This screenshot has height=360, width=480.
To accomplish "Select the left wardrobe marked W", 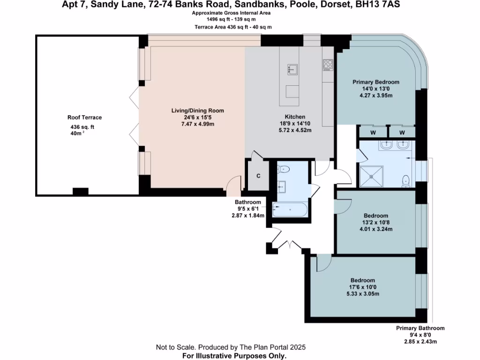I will click(373, 133).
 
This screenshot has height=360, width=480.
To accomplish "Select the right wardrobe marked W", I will click(402, 133).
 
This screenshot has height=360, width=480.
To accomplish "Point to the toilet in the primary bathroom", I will click(406, 180).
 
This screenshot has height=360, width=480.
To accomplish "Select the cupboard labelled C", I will click(258, 176).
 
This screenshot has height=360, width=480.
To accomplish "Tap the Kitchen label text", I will click(295, 117).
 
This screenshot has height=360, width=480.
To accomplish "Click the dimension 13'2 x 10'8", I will click(375, 223).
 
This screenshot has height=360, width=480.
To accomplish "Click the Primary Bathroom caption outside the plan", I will click(420, 328).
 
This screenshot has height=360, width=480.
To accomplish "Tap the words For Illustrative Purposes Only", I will click(234, 356).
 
